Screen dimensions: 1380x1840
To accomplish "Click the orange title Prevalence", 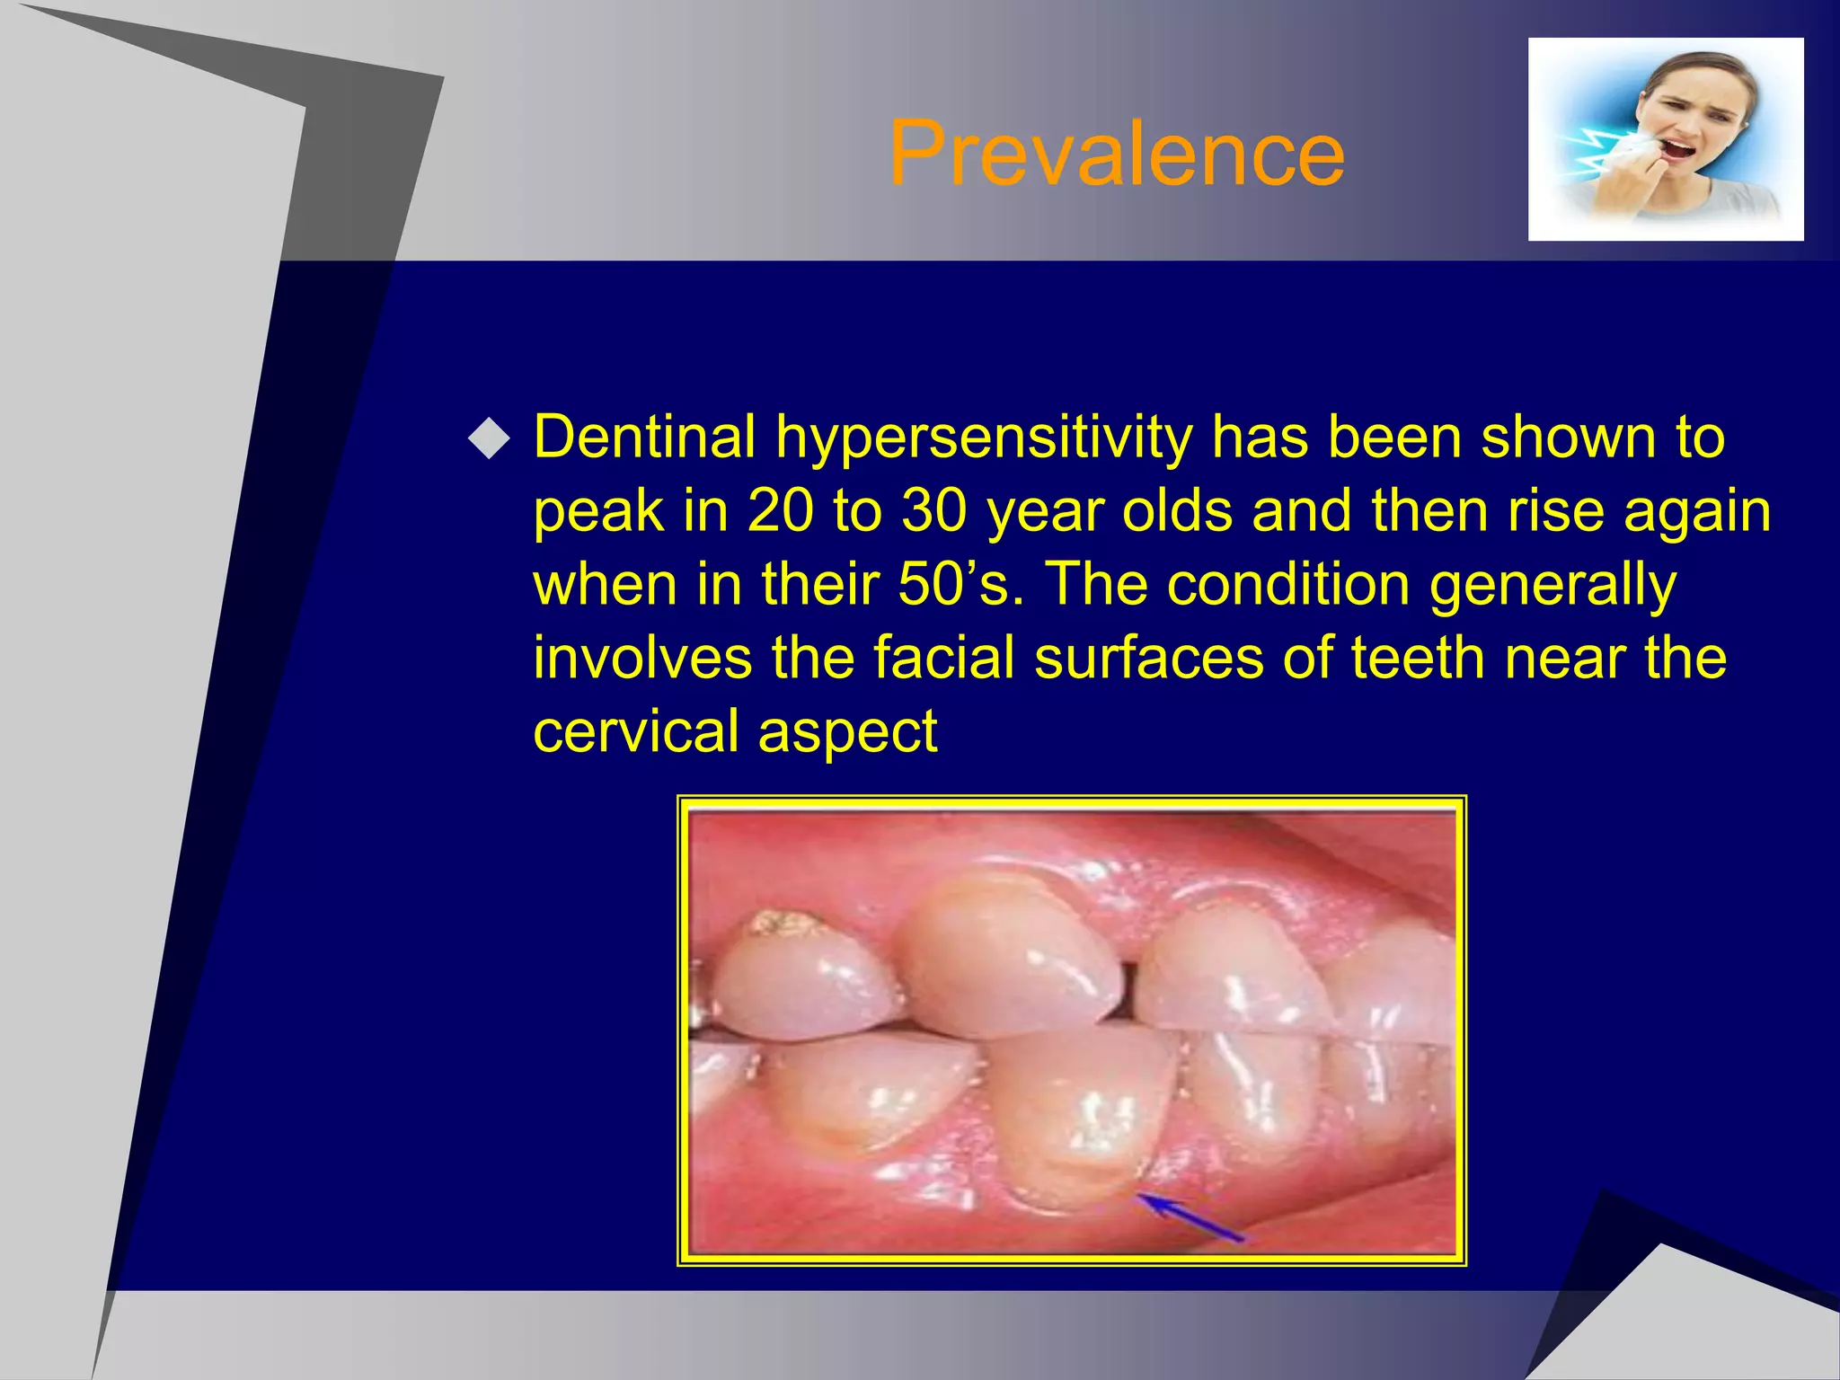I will point(1116,155).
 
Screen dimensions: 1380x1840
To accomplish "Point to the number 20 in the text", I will point(780,511).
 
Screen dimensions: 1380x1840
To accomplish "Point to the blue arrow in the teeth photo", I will point(1190,1216).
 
